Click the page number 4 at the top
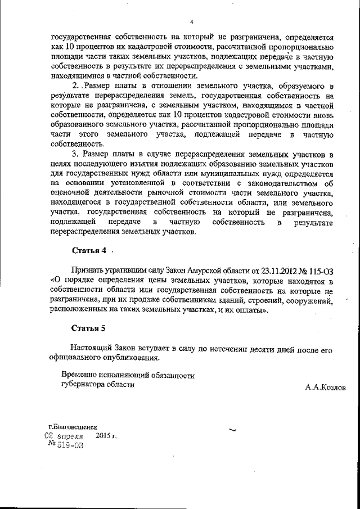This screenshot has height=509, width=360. tap(192, 22)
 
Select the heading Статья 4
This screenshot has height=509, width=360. tap(89, 250)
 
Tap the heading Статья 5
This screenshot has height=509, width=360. tap(89, 328)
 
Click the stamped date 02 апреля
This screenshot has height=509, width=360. tap(64, 436)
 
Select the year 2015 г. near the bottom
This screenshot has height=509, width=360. tap(106, 435)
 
